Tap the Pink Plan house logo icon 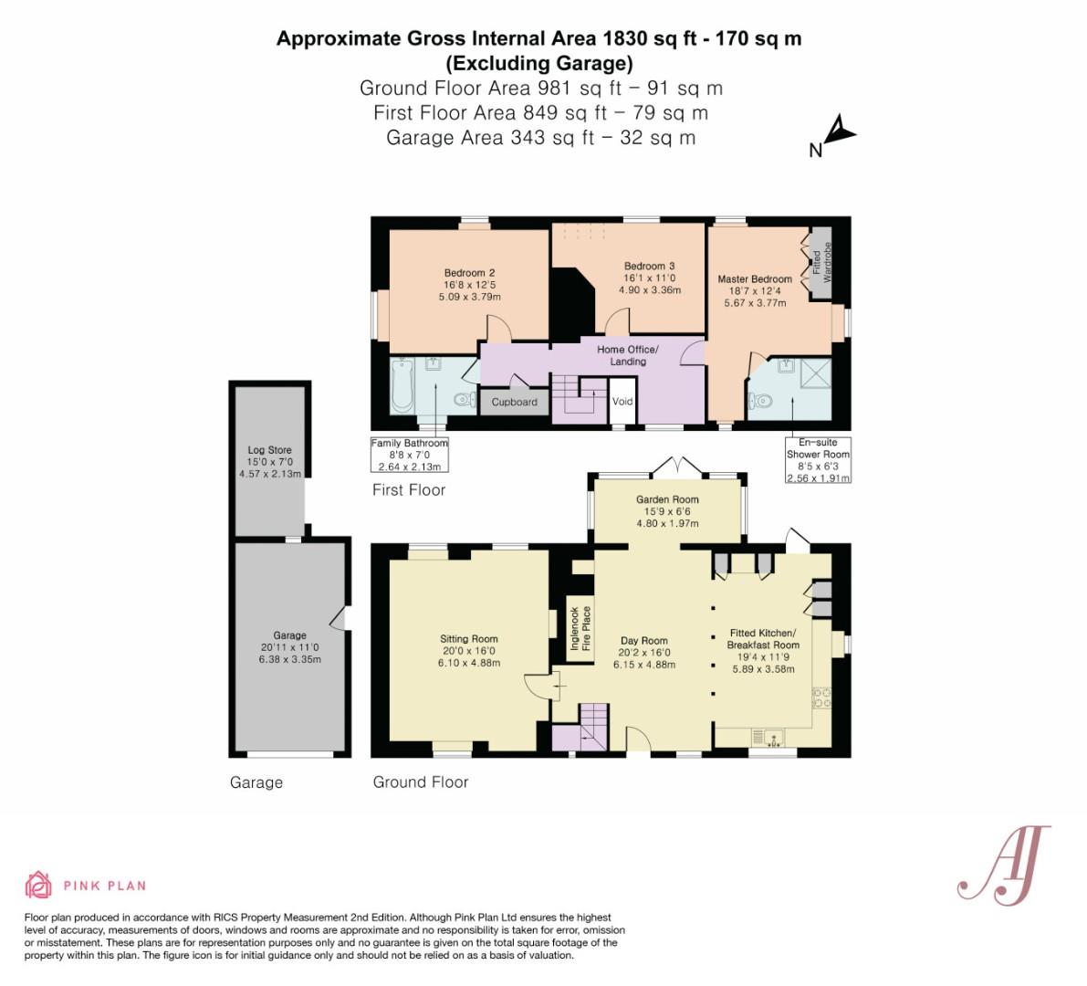click(x=38, y=885)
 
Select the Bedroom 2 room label click(x=469, y=272)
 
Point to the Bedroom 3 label click(x=649, y=266)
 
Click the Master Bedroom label click(x=754, y=278)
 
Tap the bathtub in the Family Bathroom click(x=402, y=385)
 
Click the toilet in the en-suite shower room click(x=759, y=401)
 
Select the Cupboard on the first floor click(x=515, y=402)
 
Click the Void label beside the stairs click(x=622, y=401)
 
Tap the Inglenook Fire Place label click(x=580, y=628)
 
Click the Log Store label click(x=269, y=449)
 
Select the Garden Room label click(x=667, y=499)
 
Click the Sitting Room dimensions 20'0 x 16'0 click(x=468, y=650)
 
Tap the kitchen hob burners click(x=821, y=698)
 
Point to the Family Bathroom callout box click(x=410, y=454)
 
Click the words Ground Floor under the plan click(x=420, y=782)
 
